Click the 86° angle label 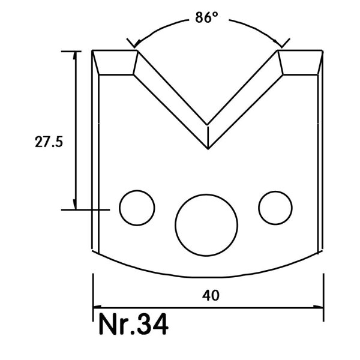(x=206, y=17)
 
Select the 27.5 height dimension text (x=49, y=142)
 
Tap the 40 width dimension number (x=211, y=295)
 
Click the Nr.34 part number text (x=133, y=324)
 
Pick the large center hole (x=206, y=225)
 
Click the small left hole (x=137, y=208)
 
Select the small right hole (x=275, y=208)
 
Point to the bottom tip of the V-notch (x=208, y=149)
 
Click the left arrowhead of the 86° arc (x=137, y=44)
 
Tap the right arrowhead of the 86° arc (x=278, y=44)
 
